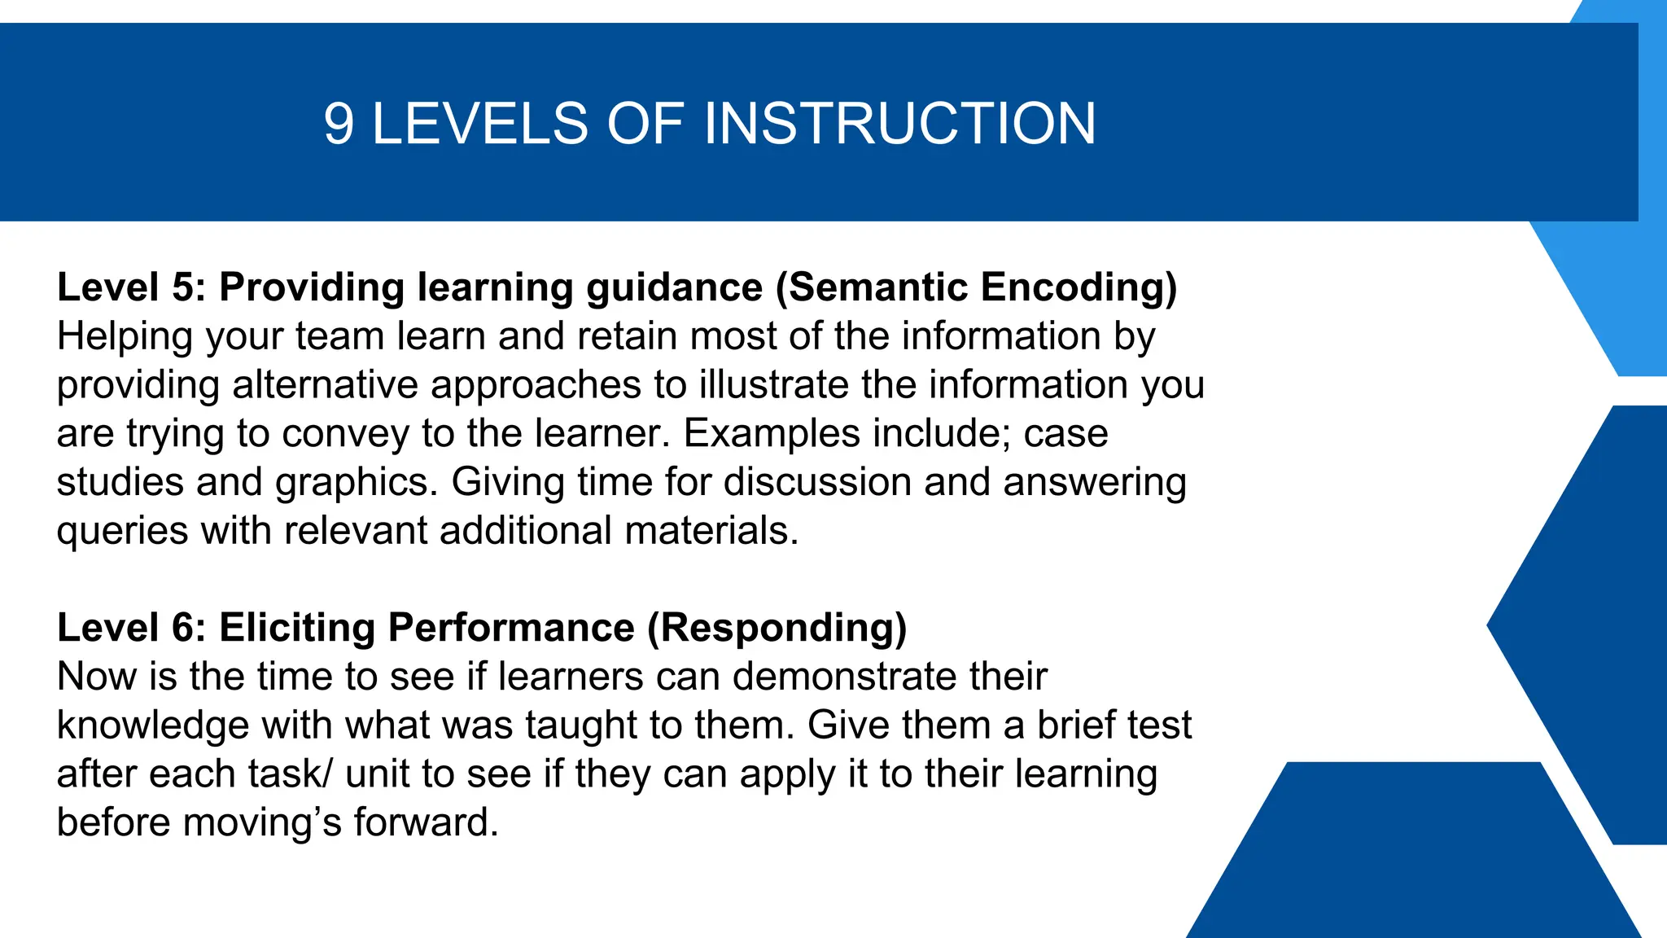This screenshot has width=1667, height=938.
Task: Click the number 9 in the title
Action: tap(339, 124)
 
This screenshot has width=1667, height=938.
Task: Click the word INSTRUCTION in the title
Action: tap(899, 124)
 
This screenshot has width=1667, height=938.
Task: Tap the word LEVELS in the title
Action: tap(479, 124)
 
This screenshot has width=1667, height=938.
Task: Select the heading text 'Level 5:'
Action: tap(131, 287)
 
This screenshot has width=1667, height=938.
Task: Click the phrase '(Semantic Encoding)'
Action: tap(976, 287)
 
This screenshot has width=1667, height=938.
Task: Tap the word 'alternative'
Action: tap(325, 384)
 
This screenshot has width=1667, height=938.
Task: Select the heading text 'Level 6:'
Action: tap(131, 628)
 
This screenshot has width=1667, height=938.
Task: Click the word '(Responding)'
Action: tap(777, 628)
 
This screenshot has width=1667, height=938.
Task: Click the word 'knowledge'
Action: tap(152, 725)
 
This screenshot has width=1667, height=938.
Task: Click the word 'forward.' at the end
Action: tap(426, 822)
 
